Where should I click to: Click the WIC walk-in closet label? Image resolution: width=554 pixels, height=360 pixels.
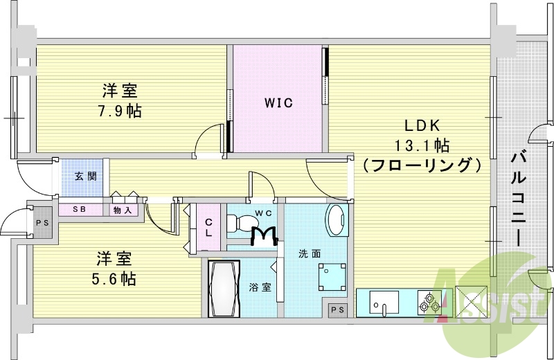pos(278,103)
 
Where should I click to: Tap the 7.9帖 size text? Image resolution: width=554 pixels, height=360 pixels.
pos(120,110)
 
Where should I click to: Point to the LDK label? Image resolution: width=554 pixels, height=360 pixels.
pos(425,127)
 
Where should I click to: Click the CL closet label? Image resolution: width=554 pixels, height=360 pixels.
pos(208,227)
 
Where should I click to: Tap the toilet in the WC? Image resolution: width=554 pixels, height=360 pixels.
pos(245,224)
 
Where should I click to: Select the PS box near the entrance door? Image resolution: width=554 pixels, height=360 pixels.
pos(42,223)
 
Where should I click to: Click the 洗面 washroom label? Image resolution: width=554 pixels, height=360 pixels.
pos(310,253)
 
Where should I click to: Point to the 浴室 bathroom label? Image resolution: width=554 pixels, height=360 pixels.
pos(260,287)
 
